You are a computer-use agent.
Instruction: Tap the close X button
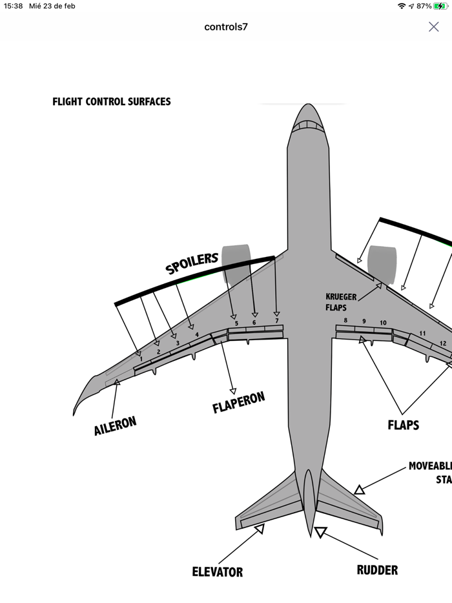[434, 26]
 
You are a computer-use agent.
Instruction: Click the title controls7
[226, 26]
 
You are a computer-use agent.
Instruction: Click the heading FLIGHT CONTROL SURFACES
[112, 101]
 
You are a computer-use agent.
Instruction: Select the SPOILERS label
[192, 263]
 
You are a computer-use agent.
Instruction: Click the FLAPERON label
[238, 402]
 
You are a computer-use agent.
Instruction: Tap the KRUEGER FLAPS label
[341, 302]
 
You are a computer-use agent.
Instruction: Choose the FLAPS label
[403, 425]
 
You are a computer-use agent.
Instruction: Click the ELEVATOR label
[218, 572]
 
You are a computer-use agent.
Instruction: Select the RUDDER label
[377, 570]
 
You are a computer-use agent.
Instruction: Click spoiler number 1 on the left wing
[141, 359]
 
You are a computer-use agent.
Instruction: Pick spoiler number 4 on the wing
[197, 334]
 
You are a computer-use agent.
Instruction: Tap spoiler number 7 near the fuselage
[276, 321]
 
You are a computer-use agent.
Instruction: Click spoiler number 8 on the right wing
[345, 321]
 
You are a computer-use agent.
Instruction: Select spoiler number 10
[383, 323]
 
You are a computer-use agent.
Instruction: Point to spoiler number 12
[443, 343]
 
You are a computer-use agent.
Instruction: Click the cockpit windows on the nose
[307, 126]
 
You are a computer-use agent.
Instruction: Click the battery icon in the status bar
[440, 6]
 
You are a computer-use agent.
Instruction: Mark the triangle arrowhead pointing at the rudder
[321, 533]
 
